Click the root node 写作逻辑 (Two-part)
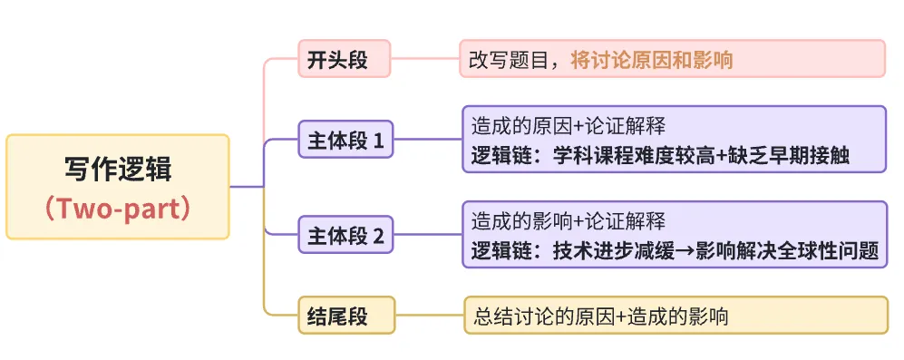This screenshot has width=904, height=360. click(118, 186)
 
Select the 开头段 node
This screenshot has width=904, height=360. click(345, 60)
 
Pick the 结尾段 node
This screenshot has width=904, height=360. click(345, 316)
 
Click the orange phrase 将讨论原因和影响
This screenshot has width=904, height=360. click(652, 60)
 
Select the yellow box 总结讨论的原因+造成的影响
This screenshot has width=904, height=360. click(676, 316)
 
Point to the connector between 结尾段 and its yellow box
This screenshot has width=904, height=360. click(429, 316)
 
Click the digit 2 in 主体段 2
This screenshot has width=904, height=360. click(379, 238)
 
